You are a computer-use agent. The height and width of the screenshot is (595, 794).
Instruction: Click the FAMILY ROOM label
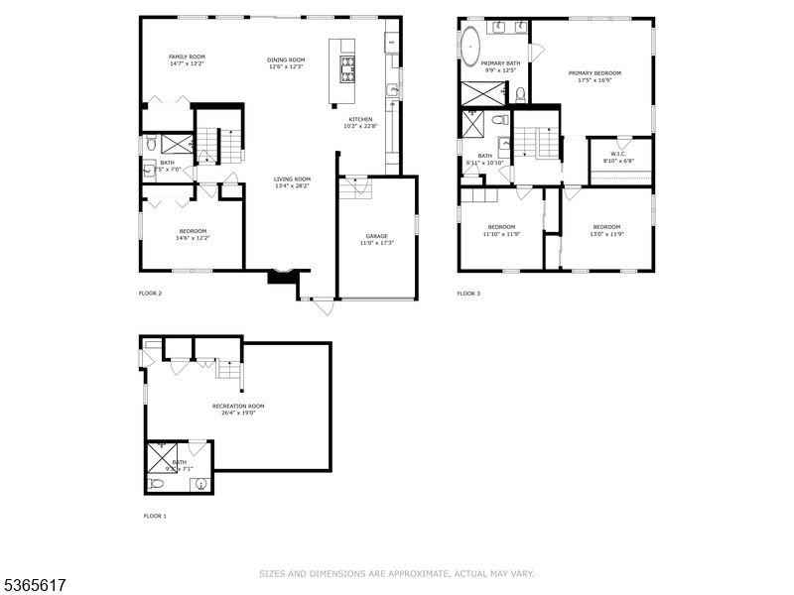[186, 57]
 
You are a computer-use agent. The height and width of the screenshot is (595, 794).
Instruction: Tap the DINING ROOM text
[286, 59]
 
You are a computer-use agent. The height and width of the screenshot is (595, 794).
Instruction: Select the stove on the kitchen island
[348, 67]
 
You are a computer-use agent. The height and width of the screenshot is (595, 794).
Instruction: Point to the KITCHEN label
[359, 119]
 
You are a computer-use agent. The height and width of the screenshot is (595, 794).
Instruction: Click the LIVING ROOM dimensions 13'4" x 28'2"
[293, 186]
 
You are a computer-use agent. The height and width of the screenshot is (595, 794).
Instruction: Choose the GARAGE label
[376, 236]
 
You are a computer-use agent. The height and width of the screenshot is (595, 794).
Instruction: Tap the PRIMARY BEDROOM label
[595, 72]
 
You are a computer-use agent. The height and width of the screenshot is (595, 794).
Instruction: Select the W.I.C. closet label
[619, 154]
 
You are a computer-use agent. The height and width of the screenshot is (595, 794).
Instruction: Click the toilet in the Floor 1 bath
[156, 484]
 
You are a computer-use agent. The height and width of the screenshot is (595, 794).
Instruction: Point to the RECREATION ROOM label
[238, 406]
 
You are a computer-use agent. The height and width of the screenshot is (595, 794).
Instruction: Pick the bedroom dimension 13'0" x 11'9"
[606, 234]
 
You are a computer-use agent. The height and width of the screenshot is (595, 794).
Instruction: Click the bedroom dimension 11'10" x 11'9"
[501, 234]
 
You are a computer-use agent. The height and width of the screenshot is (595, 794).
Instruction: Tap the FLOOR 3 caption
[468, 294]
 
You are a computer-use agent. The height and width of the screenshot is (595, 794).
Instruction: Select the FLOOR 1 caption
[155, 516]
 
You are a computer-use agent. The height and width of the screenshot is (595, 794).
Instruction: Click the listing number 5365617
[34, 585]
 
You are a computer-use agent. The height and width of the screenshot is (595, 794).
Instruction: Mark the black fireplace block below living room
[282, 279]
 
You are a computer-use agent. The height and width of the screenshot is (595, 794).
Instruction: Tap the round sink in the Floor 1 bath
[201, 485]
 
